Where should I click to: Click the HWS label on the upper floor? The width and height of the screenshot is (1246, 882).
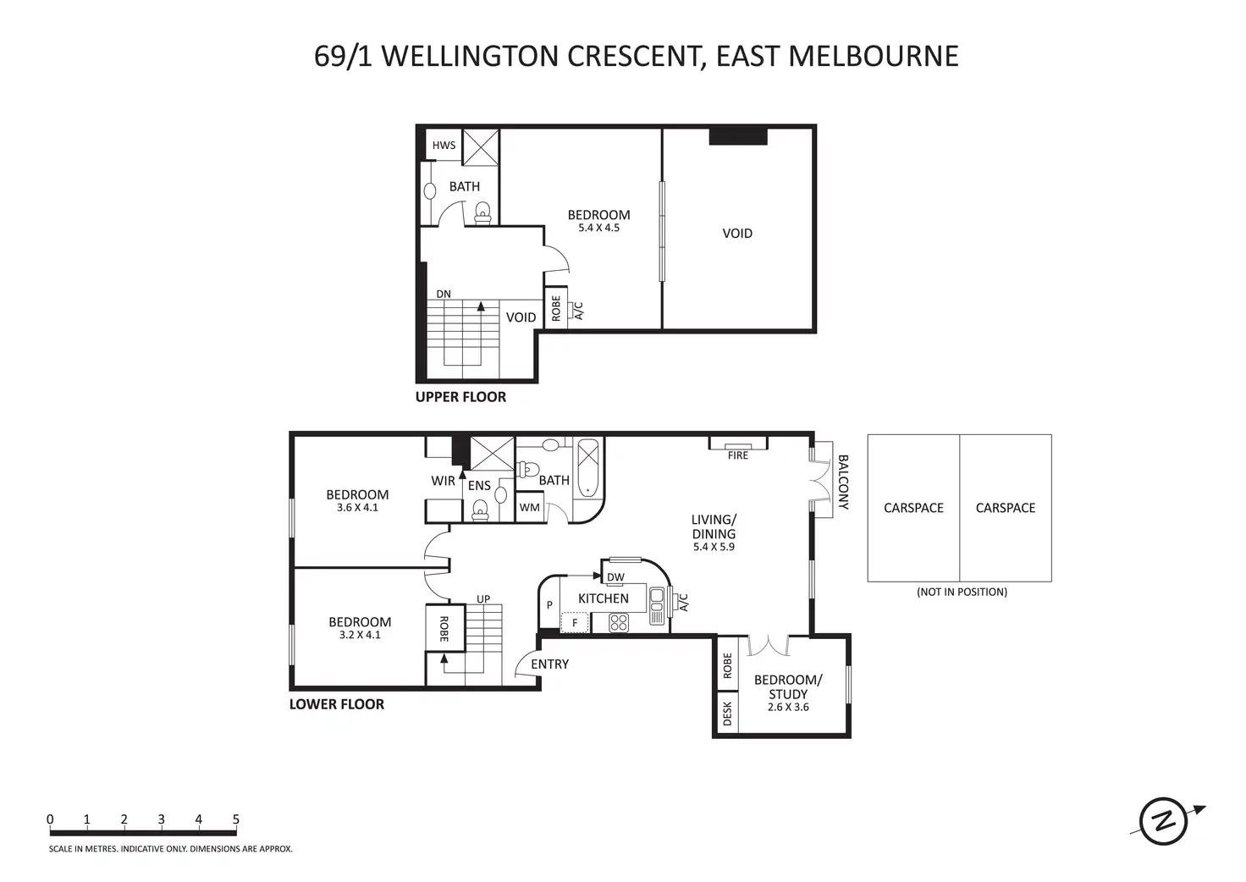tap(444, 146)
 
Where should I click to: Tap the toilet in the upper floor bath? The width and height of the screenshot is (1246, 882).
tap(482, 213)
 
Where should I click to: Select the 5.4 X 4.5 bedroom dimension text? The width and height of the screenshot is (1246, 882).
tap(598, 228)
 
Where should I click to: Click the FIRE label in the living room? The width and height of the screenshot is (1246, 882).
tap(738, 455)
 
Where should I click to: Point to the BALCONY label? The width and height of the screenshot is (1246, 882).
tap(843, 482)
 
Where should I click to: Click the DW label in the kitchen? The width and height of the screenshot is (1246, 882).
tap(615, 577)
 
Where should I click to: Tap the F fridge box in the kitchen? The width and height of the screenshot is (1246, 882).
tap(575, 623)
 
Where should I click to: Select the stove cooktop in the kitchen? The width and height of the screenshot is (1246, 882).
tap(619, 623)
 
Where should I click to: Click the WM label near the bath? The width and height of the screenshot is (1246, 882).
tap(529, 507)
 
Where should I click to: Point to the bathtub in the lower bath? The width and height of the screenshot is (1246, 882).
tap(588, 468)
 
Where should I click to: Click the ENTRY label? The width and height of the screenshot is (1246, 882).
tap(549, 664)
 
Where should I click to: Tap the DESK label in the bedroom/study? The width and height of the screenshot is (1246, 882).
tap(727, 713)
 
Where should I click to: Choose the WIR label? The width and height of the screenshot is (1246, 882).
tap(443, 481)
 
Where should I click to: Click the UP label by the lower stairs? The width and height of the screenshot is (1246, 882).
tap(483, 599)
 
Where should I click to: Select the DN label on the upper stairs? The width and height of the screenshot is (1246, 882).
tap(444, 294)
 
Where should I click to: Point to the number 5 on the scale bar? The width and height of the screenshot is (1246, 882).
tap(236, 819)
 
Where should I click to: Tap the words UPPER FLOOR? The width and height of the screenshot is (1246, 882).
tap(460, 397)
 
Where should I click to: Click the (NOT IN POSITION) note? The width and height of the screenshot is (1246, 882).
tap(962, 592)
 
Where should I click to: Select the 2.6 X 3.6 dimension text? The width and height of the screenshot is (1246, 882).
tap(788, 708)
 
